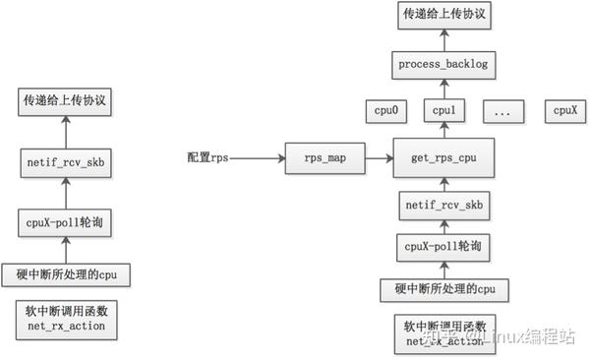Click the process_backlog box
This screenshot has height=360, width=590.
click(442, 65)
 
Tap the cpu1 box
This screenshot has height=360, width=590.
click(442, 111)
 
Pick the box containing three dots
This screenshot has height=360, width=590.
click(502, 111)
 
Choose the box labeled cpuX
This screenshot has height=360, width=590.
click(563, 111)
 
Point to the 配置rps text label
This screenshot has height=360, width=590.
click(208, 155)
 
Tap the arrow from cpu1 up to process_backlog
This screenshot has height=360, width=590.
click(442, 89)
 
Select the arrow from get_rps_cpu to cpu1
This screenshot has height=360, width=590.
click(442, 132)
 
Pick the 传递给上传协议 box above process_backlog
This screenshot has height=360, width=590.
click(442, 16)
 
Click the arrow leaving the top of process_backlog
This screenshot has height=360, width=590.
click(442, 40)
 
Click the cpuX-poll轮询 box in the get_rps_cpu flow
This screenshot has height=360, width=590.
click(442, 246)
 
